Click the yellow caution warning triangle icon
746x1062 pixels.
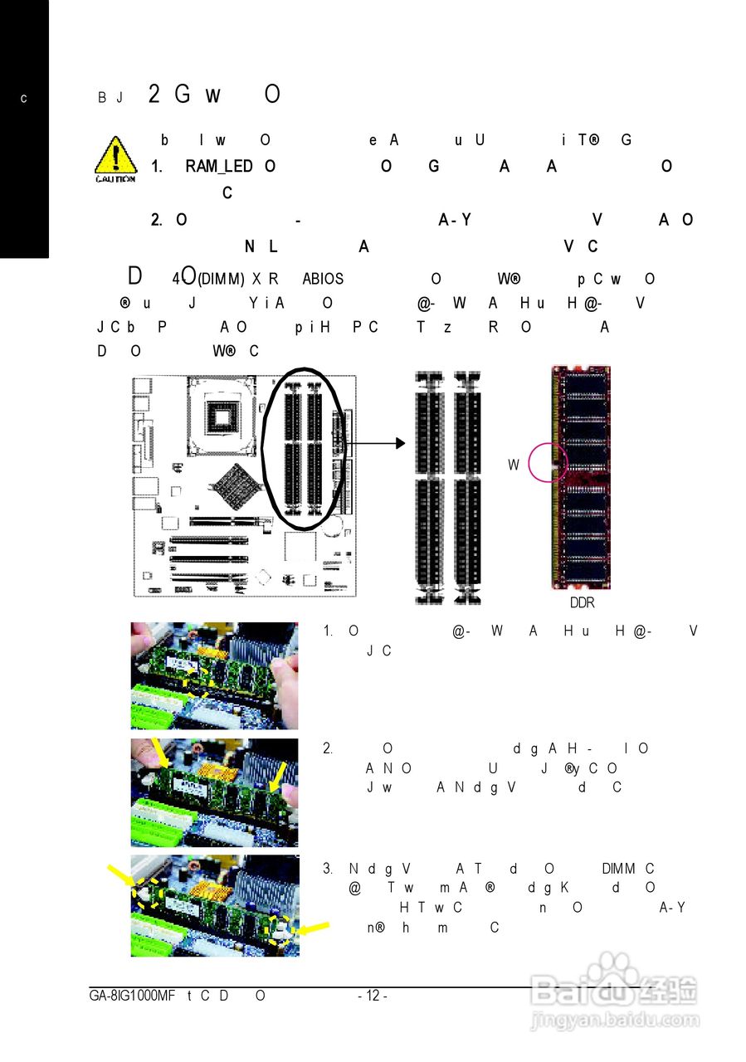(x=115, y=158)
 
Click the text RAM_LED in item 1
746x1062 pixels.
(x=219, y=167)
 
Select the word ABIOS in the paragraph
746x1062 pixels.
(x=323, y=280)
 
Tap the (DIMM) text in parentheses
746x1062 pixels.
(x=221, y=280)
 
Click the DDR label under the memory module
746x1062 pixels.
(x=582, y=603)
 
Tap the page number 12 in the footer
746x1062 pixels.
(x=372, y=996)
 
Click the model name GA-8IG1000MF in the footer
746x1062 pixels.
(x=132, y=996)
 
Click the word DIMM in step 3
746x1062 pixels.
(x=618, y=869)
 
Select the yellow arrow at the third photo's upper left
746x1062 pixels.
(x=120, y=874)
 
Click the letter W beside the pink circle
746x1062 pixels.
(x=514, y=465)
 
